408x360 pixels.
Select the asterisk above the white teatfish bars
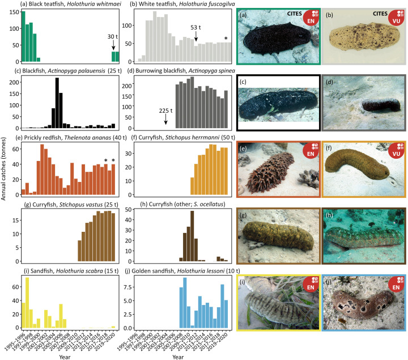point(226,39)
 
